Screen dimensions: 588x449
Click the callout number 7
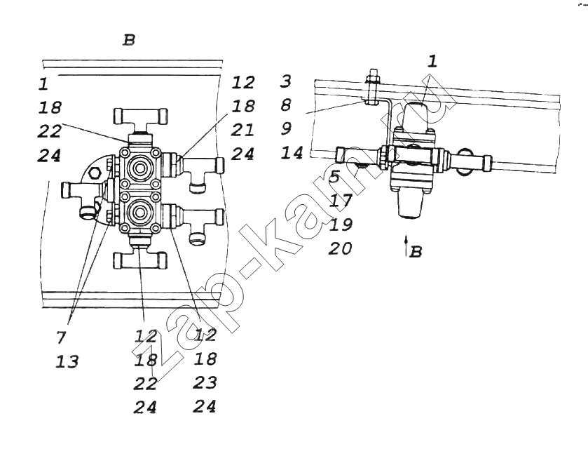click(x=61, y=338)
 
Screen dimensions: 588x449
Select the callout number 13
click(x=67, y=362)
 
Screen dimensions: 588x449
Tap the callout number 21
click(x=242, y=130)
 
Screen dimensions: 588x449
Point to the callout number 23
click(x=205, y=383)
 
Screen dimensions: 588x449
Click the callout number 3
click(x=286, y=81)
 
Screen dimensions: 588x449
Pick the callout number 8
click(x=286, y=105)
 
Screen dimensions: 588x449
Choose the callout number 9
click(x=286, y=129)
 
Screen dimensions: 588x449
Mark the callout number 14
click(x=292, y=153)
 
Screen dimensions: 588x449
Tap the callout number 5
click(x=334, y=177)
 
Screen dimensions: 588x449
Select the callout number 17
click(x=341, y=201)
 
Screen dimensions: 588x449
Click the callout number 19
click(x=341, y=224)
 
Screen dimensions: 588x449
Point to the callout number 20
click(x=340, y=248)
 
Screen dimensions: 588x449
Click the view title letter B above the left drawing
click(x=129, y=40)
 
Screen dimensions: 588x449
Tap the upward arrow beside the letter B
click(x=406, y=246)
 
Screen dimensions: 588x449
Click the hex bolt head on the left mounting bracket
click(x=94, y=173)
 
